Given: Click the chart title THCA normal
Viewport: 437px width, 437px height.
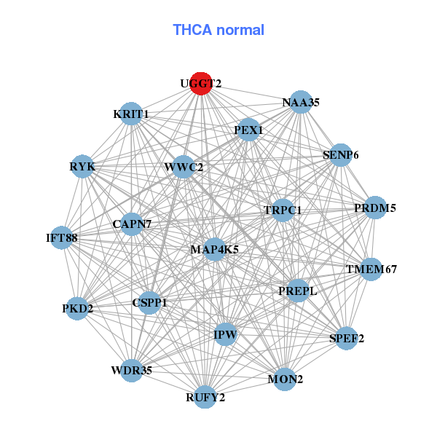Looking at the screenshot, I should (x=219, y=30).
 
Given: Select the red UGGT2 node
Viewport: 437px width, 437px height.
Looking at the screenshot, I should (x=200, y=84).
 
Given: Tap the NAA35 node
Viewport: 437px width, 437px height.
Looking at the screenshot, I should (x=301, y=103).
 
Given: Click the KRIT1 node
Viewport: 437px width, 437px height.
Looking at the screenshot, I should (x=131, y=114).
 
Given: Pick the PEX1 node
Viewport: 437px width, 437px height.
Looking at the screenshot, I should (x=248, y=130).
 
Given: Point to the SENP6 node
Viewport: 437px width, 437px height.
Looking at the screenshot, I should (x=341, y=155).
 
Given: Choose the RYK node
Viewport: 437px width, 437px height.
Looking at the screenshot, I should (x=82, y=167).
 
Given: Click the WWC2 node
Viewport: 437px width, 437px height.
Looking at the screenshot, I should (x=184, y=168).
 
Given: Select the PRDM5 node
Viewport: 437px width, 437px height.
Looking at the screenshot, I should (x=375, y=208).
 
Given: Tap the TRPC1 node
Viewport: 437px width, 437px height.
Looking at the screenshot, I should (x=283, y=210).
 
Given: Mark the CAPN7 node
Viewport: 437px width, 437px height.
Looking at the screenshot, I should (x=132, y=224).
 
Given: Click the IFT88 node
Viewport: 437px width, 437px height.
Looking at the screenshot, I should (x=61, y=237).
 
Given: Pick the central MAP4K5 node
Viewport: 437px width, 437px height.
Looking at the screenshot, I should (x=214, y=249).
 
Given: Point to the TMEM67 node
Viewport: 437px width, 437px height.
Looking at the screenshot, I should (x=371, y=269).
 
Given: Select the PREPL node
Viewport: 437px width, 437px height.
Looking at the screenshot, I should (x=298, y=291).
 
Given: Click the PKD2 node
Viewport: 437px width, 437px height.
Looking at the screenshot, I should (x=78, y=309).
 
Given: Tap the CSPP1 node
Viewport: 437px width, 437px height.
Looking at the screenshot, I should (x=149, y=302).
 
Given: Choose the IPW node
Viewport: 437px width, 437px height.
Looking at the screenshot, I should (x=225, y=334).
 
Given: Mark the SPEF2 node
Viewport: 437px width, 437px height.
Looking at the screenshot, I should (x=347, y=338).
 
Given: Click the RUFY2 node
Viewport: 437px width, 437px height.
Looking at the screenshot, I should (x=205, y=397).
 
